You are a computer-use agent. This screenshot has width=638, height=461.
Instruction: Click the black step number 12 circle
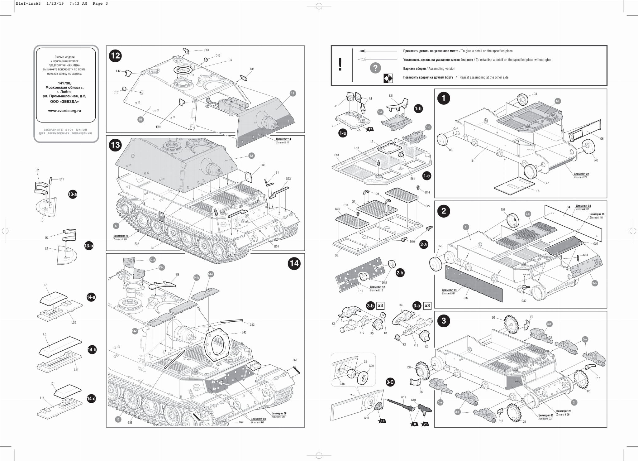tap(115, 56)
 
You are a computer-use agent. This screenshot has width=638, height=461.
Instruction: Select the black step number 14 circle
tap(294, 263)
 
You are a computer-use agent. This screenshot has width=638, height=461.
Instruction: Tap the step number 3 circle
tap(444, 321)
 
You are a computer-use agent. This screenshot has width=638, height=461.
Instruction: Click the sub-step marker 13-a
tap(73, 194)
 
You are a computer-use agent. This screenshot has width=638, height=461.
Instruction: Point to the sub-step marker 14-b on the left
tap(92, 350)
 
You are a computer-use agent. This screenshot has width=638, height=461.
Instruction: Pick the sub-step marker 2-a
tap(423, 244)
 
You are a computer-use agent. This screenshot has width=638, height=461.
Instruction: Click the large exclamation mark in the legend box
tap(340, 65)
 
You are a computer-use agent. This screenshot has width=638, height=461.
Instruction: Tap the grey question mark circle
tap(375, 68)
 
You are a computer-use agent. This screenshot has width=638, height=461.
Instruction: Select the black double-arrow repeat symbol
tap(388, 79)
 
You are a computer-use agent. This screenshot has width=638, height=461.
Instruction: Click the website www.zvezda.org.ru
tap(64, 111)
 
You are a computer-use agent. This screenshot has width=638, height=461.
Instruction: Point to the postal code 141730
tap(64, 83)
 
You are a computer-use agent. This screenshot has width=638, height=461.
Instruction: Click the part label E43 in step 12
tap(207, 50)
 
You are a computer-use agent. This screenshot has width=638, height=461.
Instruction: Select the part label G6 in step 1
tap(602, 139)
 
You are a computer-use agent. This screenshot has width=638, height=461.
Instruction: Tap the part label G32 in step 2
tap(466, 298)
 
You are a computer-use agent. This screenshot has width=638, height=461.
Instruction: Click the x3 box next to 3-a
tap(427, 306)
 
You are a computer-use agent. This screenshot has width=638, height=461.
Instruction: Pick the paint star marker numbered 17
tap(370, 129)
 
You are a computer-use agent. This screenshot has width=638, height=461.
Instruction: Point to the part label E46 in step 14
tap(244, 333)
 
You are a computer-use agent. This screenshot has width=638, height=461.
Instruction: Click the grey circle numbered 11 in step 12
tap(292, 93)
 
